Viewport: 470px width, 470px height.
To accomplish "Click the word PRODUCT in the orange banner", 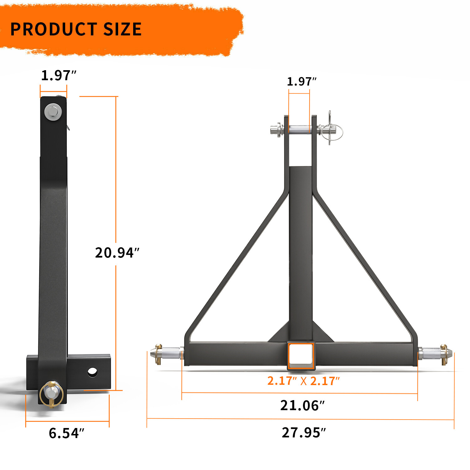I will coord(53,29).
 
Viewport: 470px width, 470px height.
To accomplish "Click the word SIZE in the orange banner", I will coord(122,29).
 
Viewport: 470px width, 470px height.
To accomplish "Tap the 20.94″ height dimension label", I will coord(117,253).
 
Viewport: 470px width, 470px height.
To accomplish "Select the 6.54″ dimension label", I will coord(66,433).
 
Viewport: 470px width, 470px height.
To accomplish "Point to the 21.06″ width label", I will coord(302,405).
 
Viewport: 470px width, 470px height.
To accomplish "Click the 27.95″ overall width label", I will coord(303,433).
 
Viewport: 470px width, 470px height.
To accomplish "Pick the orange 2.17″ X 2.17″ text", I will coord(303,381).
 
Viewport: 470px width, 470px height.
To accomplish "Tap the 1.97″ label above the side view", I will coord(59,76).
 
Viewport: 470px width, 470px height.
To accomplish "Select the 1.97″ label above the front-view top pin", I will coord(301,81).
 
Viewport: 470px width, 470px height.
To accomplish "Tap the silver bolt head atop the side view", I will coord(53,112).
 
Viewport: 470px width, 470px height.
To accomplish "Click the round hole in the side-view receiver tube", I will coord(92,372).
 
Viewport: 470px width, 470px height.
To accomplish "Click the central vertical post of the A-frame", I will coord(300,251).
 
